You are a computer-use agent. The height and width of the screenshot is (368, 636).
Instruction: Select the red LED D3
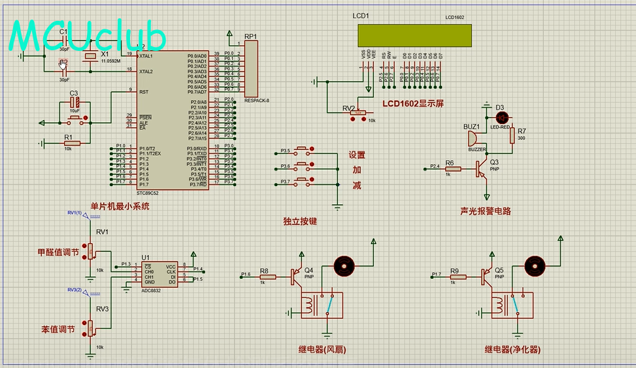click(502, 117)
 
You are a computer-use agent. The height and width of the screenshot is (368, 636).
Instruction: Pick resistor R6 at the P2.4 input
click(452, 169)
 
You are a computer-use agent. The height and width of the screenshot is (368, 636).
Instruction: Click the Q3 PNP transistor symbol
click(482, 169)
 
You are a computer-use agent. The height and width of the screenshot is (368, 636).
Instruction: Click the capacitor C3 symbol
click(75, 102)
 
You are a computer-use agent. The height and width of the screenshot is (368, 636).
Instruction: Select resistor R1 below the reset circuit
click(71, 143)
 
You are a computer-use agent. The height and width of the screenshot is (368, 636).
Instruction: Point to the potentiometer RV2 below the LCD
click(358, 113)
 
